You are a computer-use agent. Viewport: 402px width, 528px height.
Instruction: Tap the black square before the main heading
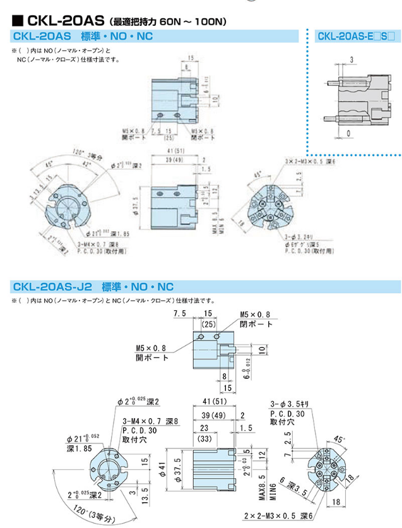(18, 21)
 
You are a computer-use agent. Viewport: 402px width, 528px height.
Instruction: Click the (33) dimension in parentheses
(204, 439)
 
